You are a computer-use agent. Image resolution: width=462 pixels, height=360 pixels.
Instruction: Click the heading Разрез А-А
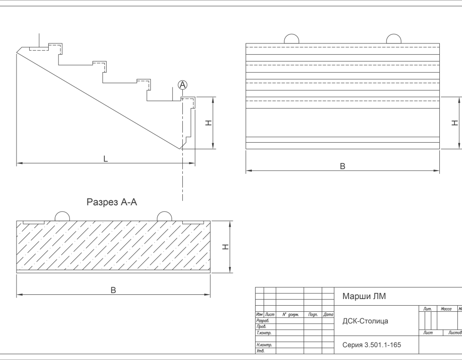tap(112, 202)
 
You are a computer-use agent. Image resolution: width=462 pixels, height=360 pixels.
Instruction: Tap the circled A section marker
tap(183, 85)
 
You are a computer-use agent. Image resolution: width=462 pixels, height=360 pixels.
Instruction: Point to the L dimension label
tap(106, 160)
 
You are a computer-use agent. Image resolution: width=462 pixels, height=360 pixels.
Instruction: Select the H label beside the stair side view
tap(208, 123)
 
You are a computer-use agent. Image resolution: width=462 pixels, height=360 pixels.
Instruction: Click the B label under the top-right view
tap(343, 166)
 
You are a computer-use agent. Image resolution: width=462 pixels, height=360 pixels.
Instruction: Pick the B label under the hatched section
tap(113, 291)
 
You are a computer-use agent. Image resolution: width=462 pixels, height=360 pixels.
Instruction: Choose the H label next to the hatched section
tap(226, 247)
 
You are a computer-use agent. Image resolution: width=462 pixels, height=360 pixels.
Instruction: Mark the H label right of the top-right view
tap(455, 123)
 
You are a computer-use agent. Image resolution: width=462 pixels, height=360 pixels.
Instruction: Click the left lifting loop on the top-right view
tap(291, 39)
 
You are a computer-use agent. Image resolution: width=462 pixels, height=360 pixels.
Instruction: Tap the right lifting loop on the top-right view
tap(394, 39)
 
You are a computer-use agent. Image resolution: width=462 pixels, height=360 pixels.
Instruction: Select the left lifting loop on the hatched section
tap(63, 216)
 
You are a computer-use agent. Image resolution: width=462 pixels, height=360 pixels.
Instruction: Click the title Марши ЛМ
tap(364, 297)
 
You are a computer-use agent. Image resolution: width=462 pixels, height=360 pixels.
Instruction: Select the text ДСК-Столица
tap(365, 321)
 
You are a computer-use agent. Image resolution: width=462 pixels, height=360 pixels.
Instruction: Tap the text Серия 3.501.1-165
tap(371, 345)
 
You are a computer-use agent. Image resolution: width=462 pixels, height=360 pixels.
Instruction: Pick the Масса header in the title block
tap(446, 309)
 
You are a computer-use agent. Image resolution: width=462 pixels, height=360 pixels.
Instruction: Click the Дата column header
tap(328, 315)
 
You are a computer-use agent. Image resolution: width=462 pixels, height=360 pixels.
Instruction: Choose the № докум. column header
tap(290, 315)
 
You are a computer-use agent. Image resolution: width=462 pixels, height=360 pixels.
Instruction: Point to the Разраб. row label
tap(263, 321)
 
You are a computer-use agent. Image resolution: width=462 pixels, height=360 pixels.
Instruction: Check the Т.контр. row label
tap(264, 333)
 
